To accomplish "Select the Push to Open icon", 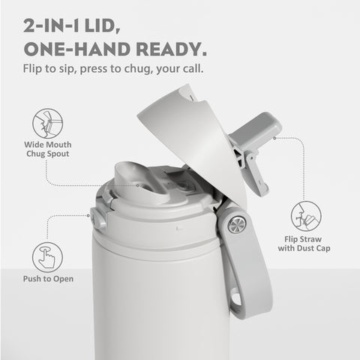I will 47,257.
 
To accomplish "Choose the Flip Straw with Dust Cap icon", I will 307,215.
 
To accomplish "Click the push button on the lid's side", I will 97,218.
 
